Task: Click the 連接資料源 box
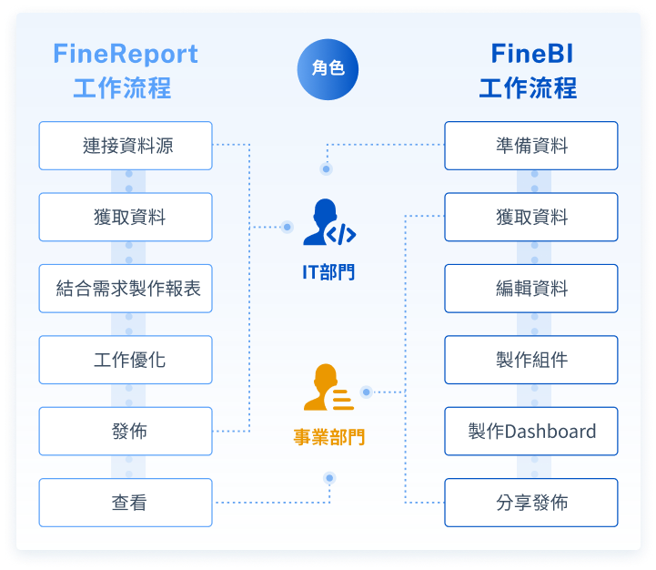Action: click(126, 146)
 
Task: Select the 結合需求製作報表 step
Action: click(126, 289)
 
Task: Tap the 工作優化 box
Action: click(126, 360)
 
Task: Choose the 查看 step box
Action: click(126, 503)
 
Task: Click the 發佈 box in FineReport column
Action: click(126, 432)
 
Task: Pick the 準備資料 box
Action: click(531, 146)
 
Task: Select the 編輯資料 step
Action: click(531, 289)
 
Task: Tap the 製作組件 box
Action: click(531, 360)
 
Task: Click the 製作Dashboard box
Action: click(531, 432)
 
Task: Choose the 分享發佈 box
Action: click(531, 503)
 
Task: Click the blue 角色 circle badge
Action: click(328, 68)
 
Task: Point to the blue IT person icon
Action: click(328, 223)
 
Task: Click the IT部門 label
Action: click(328, 271)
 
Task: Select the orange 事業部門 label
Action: click(328, 437)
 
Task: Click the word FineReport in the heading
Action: click(126, 55)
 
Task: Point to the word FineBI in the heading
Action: click(531, 55)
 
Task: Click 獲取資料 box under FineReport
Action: click(126, 217)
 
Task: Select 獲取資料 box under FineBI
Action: click(531, 217)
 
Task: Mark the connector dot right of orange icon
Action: click(367, 392)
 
